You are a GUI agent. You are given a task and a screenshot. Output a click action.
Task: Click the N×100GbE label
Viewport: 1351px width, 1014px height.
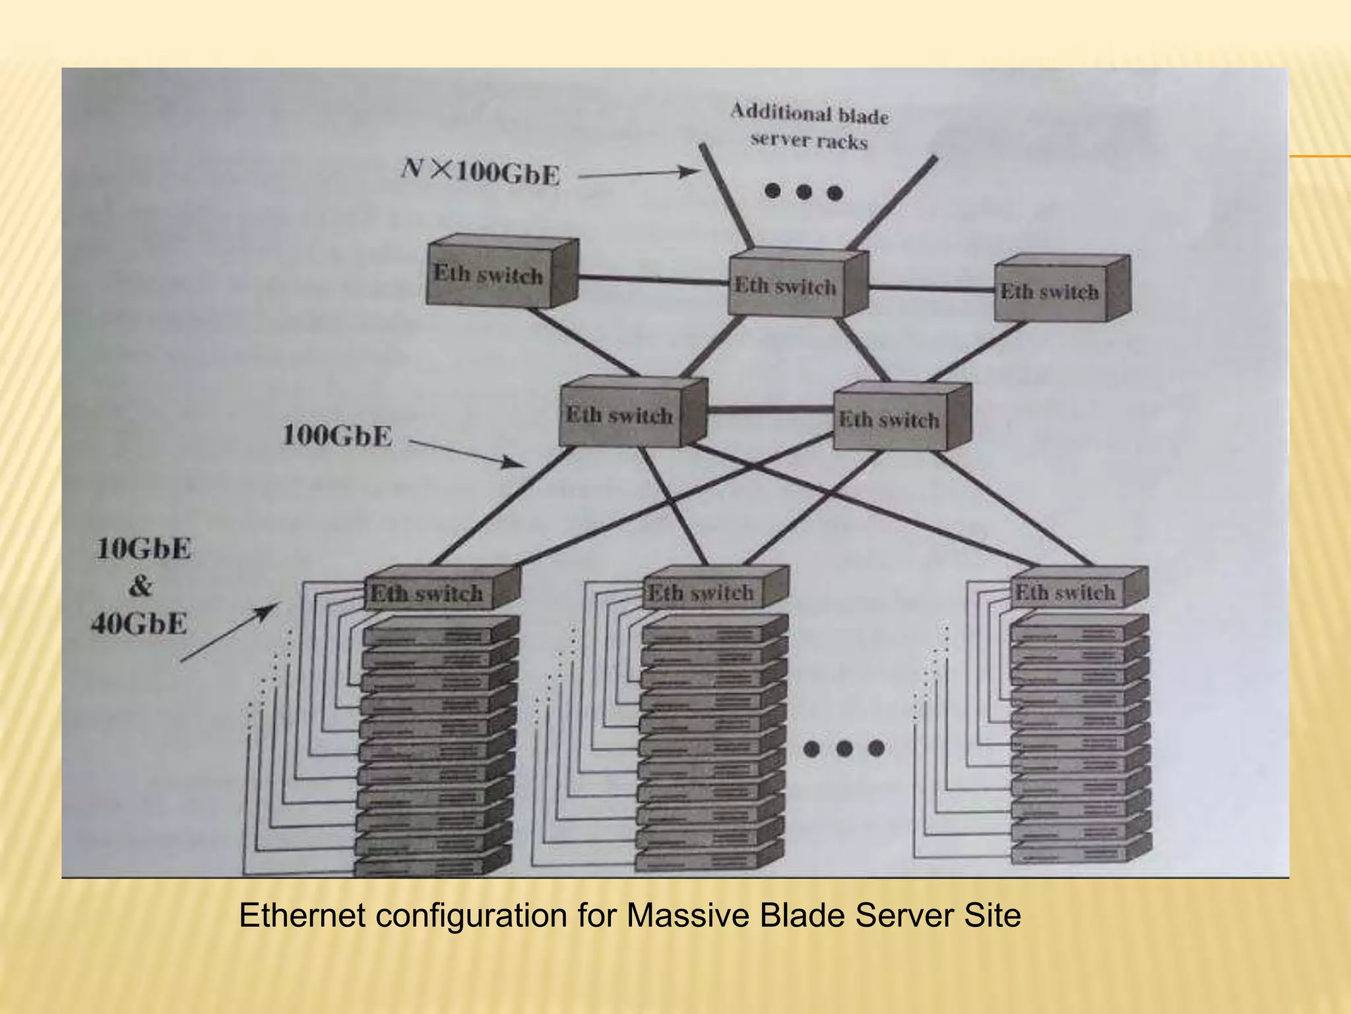(481, 172)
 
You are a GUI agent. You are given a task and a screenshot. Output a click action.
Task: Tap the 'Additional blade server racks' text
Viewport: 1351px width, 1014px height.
(809, 127)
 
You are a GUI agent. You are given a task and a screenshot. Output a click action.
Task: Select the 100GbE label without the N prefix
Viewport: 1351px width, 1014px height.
(337, 436)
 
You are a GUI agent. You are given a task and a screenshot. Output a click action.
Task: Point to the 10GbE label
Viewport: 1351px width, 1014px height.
(143, 549)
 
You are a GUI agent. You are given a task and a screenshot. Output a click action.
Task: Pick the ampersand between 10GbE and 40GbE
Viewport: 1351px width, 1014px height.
(140, 586)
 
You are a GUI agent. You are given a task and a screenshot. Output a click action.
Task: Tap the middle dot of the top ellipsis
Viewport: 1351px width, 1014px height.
(804, 192)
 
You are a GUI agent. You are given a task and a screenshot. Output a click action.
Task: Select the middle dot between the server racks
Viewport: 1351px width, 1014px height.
(844, 749)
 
